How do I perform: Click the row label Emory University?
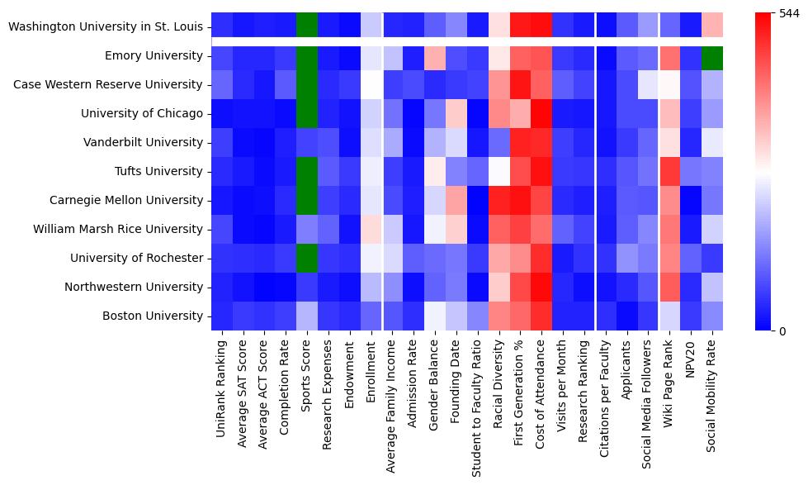[x=149, y=56]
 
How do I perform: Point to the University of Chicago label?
[x=138, y=114]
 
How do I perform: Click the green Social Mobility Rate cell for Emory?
[x=713, y=56]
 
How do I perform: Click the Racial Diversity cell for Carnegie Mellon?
[x=499, y=200]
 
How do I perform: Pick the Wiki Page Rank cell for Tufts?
[x=670, y=172]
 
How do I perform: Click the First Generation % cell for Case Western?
[x=521, y=85]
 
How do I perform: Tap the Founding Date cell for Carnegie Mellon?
[x=456, y=200]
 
